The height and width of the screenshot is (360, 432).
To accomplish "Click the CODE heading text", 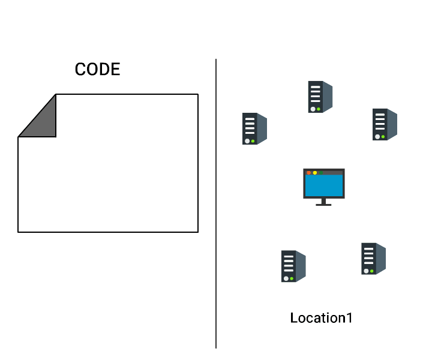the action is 98,69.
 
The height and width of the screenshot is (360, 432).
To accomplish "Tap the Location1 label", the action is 321,318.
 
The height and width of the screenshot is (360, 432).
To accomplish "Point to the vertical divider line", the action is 216,203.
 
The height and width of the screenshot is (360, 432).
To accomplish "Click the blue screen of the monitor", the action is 324,185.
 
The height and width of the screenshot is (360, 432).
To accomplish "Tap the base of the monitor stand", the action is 324,205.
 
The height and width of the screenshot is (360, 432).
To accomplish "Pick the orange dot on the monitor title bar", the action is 309,173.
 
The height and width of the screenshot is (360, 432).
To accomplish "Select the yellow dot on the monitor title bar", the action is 315,173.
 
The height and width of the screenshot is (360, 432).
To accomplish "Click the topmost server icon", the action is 320,97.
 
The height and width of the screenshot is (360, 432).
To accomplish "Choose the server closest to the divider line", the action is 254,128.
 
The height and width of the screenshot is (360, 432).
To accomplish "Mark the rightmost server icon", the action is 385,124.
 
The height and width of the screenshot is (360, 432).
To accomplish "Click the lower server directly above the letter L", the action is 293,266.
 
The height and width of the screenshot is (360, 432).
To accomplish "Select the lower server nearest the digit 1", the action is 373,259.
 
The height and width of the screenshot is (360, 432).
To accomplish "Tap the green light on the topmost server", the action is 319,109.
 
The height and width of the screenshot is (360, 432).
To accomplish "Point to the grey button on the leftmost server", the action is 247,141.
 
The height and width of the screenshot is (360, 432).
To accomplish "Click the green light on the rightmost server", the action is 383,137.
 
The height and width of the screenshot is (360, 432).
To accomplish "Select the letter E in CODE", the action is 116,69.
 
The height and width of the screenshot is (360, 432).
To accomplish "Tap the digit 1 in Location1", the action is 349,318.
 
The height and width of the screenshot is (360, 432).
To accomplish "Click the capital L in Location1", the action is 294,318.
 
